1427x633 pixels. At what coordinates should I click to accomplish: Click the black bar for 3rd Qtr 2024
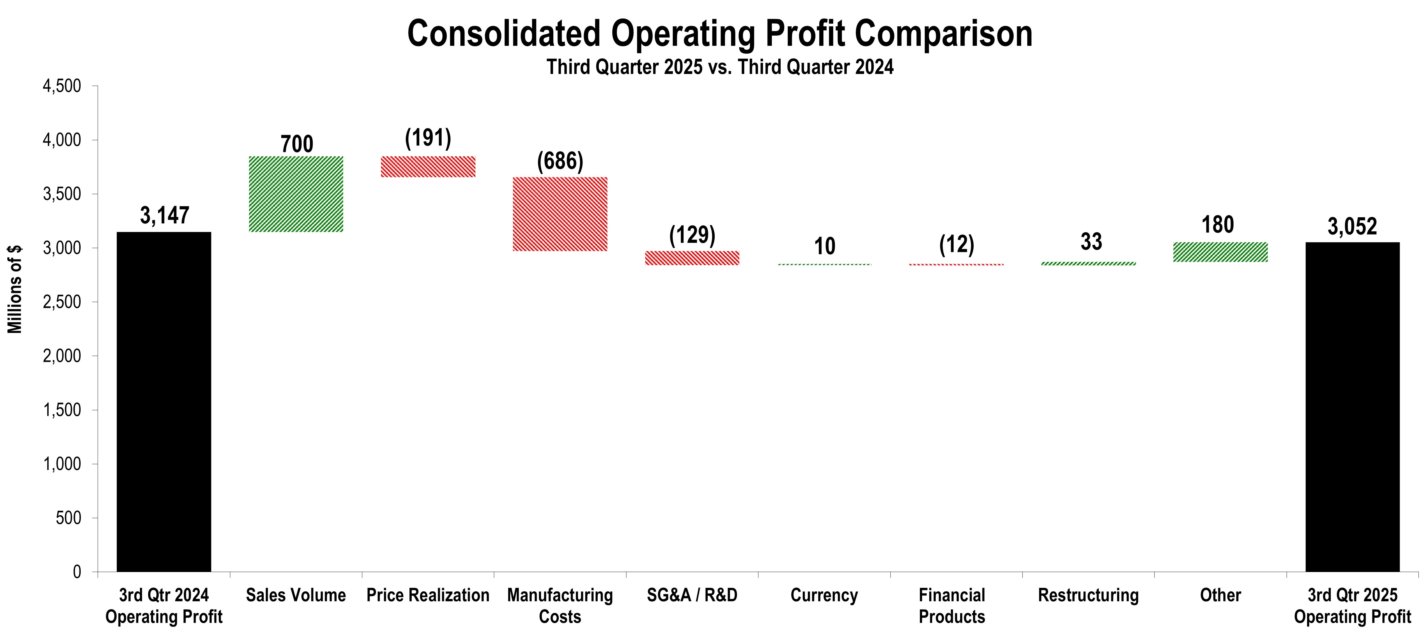point(164,401)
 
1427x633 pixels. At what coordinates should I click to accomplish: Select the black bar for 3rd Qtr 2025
point(1352,407)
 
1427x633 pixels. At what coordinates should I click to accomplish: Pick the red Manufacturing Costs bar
point(560,214)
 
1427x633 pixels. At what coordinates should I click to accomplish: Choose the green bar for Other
point(1220,252)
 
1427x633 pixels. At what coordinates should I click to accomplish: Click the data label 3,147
point(165,215)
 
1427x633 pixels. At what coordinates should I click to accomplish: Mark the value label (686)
point(560,161)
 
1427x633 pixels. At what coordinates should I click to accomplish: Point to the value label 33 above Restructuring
point(1091,242)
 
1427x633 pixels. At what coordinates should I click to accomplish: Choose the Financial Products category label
point(952,606)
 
